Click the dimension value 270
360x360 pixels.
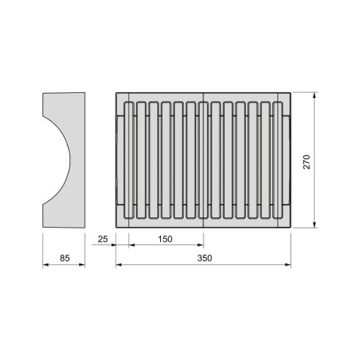coord(307,161)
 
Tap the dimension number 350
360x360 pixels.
coord(203,258)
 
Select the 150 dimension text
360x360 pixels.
coord(165,240)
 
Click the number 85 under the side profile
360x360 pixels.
coord(64,258)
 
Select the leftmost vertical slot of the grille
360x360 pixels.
coord(129,160)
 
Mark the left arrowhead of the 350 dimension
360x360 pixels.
coord(119,265)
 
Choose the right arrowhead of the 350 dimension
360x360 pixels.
coord(288,265)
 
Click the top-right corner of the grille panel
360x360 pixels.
coord(290,92)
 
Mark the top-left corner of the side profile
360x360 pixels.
coord(42,93)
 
